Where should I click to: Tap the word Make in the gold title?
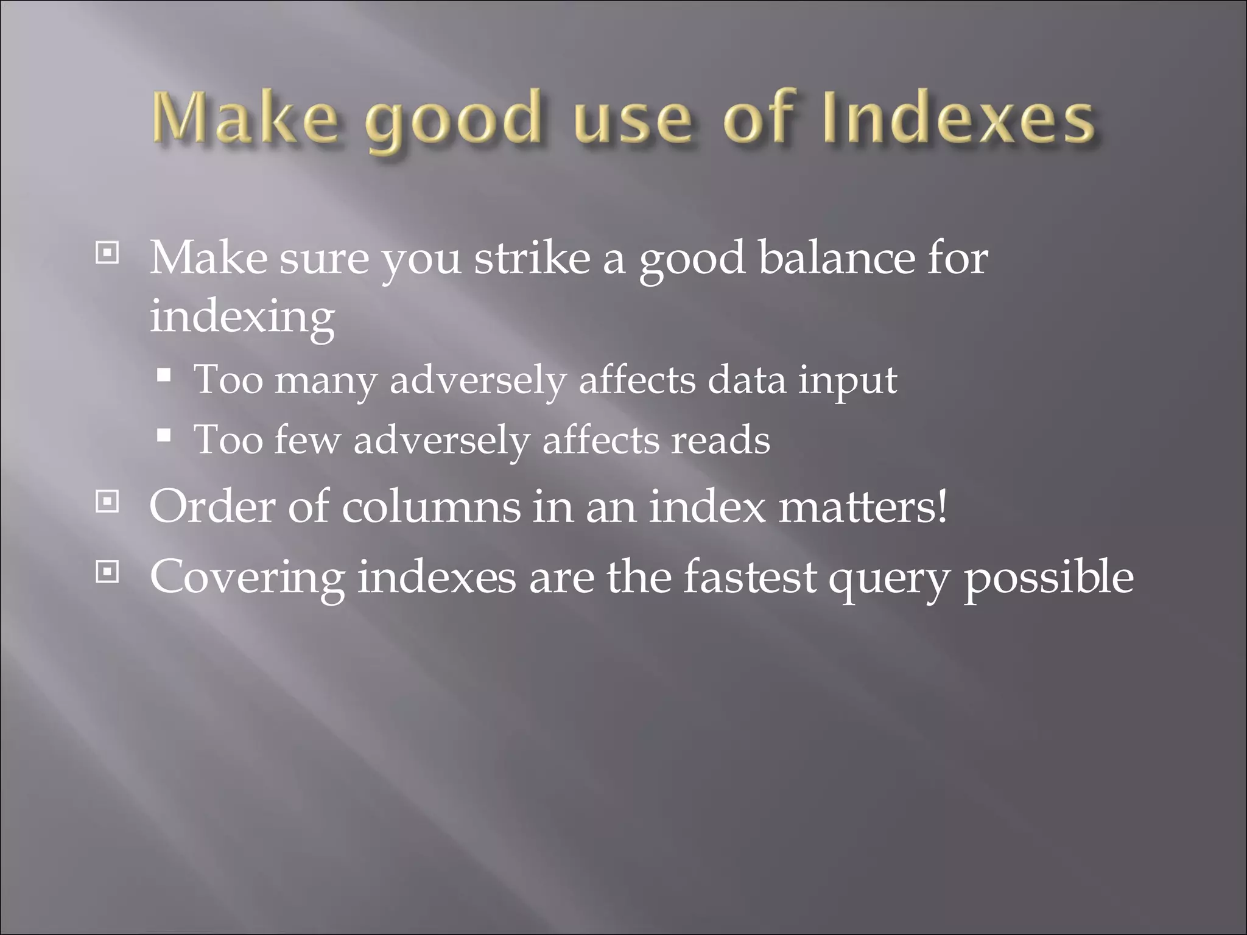pyautogui.click(x=244, y=119)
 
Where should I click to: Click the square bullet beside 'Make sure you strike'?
pyautogui.click(x=108, y=253)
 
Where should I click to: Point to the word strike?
pyautogui.click(x=532, y=258)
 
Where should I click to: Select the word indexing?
pyautogui.click(x=242, y=318)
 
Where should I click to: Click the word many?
pyautogui.click(x=326, y=381)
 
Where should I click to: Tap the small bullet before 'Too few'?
pyautogui.click(x=163, y=435)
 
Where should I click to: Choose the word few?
pyautogui.click(x=307, y=439)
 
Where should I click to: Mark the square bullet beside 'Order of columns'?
pyautogui.click(x=108, y=502)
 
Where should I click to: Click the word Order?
pyautogui.click(x=212, y=506)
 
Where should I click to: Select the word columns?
pyautogui.click(x=430, y=506)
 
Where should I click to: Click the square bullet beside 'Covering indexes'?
pyautogui.click(x=108, y=572)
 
